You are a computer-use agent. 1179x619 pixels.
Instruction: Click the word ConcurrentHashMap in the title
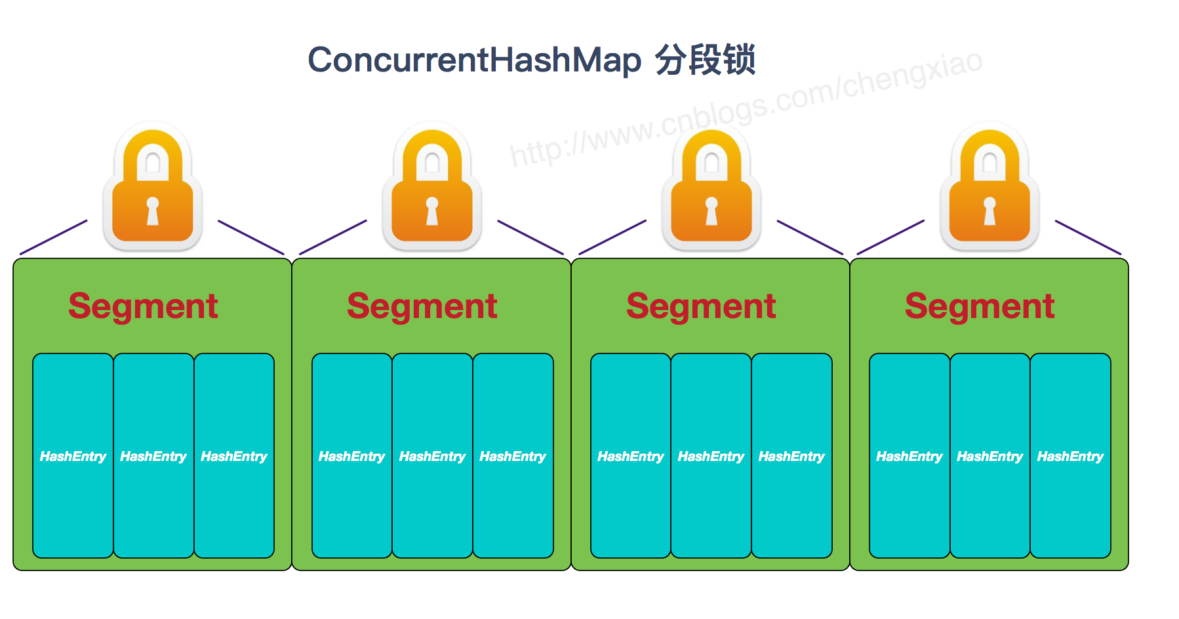(474, 60)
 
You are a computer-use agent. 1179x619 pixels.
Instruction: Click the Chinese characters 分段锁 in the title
(705, 60)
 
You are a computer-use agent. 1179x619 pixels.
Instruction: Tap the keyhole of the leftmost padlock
(153, 210)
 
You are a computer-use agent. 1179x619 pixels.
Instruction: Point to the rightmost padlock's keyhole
(989, 210)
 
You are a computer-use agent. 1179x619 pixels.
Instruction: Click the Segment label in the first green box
(143, 306)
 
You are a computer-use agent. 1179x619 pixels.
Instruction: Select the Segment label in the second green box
(422, 306)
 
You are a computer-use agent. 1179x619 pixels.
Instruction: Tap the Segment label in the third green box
(701, 306)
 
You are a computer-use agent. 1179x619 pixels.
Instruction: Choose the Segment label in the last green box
(980, 306)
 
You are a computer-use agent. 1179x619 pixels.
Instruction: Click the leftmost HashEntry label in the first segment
(73, 456)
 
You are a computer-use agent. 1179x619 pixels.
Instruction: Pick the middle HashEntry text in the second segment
(432, 456)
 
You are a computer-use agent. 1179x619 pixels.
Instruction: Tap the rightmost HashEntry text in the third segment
(791, 456)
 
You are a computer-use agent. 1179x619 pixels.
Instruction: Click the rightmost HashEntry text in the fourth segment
(1070, 456)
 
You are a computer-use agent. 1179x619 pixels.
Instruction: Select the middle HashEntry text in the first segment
(153, 456)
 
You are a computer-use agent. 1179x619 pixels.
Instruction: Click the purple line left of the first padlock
(54, 237)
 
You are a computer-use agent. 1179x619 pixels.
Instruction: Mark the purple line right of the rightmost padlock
(1088, 237)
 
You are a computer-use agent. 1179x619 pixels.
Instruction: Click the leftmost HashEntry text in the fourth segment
(909, 456)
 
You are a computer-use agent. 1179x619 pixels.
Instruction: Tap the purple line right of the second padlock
(530, 237)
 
